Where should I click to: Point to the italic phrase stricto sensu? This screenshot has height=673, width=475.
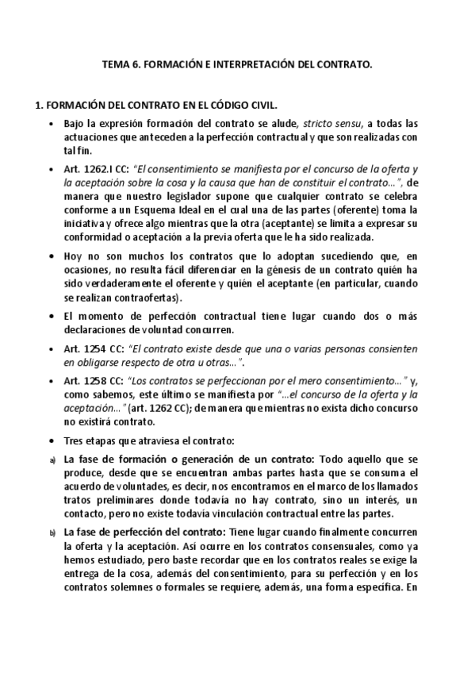click(x=331, y=124)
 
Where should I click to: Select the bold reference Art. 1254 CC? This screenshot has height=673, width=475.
click(x=87, y=349)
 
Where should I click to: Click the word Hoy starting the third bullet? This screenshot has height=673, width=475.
click(x=71, y=257)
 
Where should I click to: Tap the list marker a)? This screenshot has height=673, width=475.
click(x=52, y=461)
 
